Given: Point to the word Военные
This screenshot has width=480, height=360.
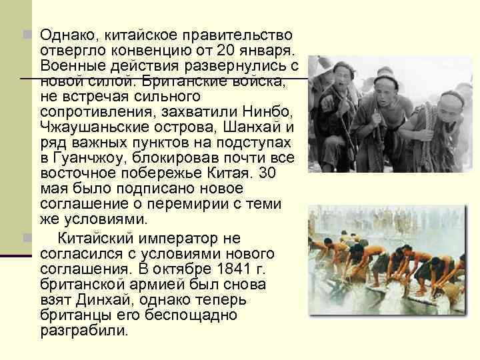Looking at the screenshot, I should pyautogui.click(x=67, y=66).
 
